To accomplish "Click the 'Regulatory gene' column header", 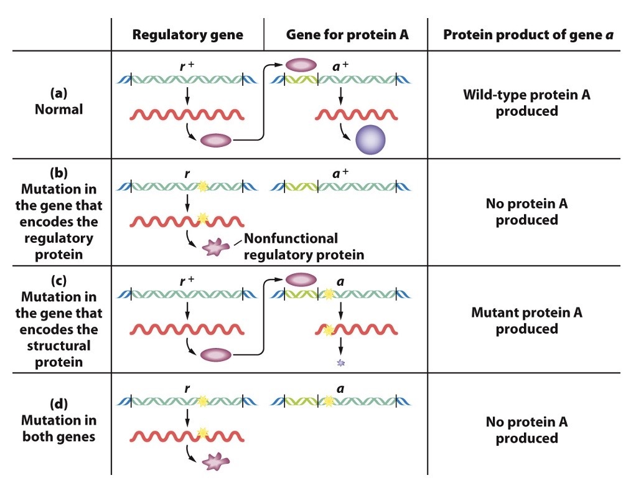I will (187, 35).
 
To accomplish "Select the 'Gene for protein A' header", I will (347, 35).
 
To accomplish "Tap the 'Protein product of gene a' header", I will (528, 35).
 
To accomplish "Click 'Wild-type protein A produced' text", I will (526, 103).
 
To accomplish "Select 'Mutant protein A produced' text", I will (526, 321).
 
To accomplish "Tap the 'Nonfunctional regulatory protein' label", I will (303, 246).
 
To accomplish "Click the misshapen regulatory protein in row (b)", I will (216, 248).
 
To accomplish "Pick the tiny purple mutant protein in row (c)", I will (340, 362).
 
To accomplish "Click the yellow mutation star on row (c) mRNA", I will (328, 331).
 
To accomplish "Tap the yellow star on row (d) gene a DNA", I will (329, 402).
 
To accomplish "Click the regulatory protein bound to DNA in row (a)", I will (301, 65).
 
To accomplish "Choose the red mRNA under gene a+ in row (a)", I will (356, 115).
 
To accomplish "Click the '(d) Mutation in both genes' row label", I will (58, 420).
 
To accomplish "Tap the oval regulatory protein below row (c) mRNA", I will (215, 355).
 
